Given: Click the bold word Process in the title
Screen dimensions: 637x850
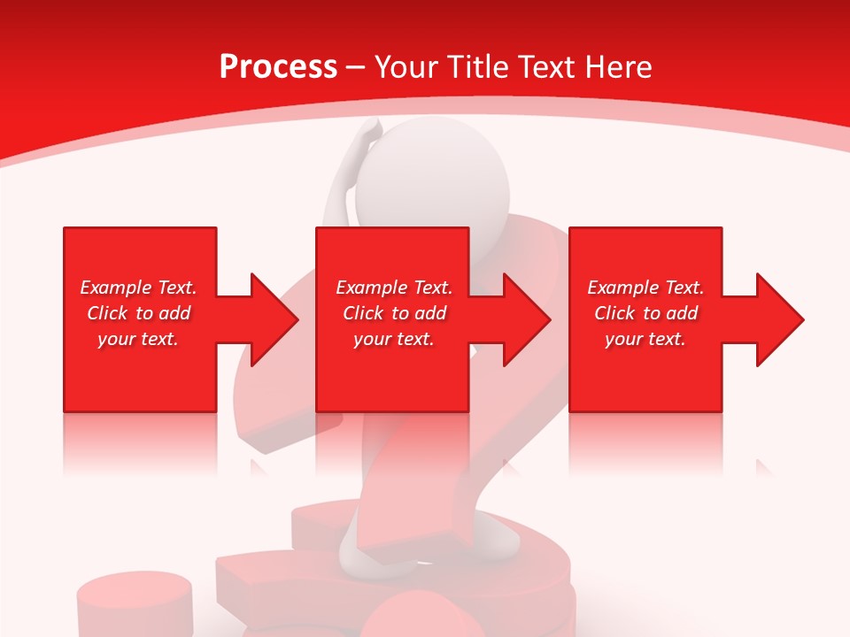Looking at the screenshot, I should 278,67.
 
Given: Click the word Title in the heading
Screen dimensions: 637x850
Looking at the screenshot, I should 476,67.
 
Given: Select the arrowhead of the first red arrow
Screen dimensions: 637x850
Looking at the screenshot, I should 275,319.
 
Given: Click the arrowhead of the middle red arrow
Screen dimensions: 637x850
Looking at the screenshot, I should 528,319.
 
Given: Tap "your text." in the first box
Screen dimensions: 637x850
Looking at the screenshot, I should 138,339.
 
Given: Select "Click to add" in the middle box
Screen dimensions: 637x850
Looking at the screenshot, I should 394,313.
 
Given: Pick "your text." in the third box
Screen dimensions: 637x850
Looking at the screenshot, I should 645,339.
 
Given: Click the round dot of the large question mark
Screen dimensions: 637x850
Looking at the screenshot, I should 425,615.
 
